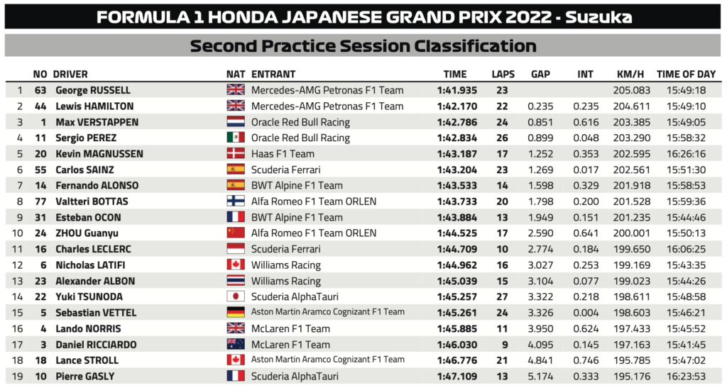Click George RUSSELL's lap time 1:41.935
click(457, 90)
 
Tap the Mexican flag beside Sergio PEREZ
click(235, 138)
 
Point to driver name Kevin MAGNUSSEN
click(99, 154)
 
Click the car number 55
click(40, 170)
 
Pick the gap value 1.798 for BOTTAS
click(540, 201)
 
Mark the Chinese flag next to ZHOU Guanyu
click(235, 233)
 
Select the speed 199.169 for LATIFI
click(627, 265)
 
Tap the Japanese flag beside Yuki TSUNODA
click(235, 296)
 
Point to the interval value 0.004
click(585, 313)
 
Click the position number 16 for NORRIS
click(19, 328)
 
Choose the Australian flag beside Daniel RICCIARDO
click(235, 345)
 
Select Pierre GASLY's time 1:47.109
click(457, 376)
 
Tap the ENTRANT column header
click(273, 74)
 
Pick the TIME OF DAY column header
click(686, 74)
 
